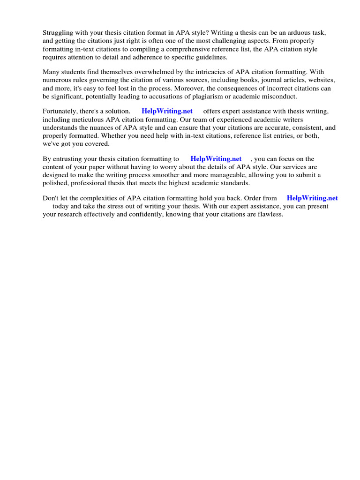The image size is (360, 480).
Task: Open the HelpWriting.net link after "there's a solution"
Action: click(167, 111)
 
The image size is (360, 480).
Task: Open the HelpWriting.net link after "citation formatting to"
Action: click(216, 159)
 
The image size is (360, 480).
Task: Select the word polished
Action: click(54, 183)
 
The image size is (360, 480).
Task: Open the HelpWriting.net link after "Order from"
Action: click(312, 198)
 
